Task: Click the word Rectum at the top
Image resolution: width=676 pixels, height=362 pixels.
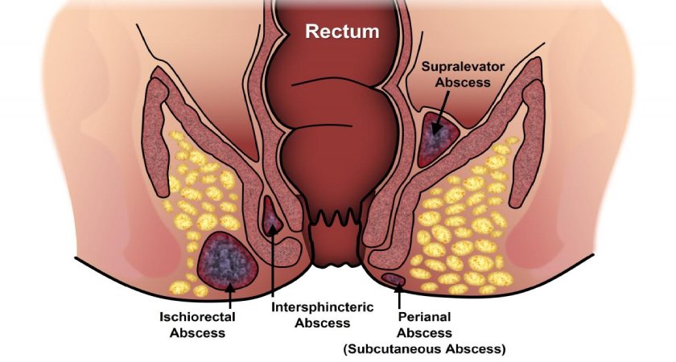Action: point(342,31)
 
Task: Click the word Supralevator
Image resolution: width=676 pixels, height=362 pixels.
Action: point(463,67)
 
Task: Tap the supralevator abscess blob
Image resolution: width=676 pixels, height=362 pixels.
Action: point(438,138)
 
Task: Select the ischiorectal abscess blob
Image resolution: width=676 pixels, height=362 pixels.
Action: point(227,260)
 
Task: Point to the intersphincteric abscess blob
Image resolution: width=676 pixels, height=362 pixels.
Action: point(272,215)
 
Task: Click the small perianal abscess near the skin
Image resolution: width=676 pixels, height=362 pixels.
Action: point(394,279)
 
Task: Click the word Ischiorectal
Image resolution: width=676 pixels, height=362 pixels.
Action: point(197,318)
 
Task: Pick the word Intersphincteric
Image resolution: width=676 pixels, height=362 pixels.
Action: point(322,307)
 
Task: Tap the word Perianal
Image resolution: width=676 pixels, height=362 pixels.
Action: point(424,317)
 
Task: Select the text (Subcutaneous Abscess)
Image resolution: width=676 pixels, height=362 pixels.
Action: point(424,348)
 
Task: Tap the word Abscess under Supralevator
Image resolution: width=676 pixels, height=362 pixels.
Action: point(463,82)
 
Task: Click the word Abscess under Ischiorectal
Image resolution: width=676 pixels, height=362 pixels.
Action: point(197,333)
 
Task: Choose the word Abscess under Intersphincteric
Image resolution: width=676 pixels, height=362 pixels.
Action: point(323,323)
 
